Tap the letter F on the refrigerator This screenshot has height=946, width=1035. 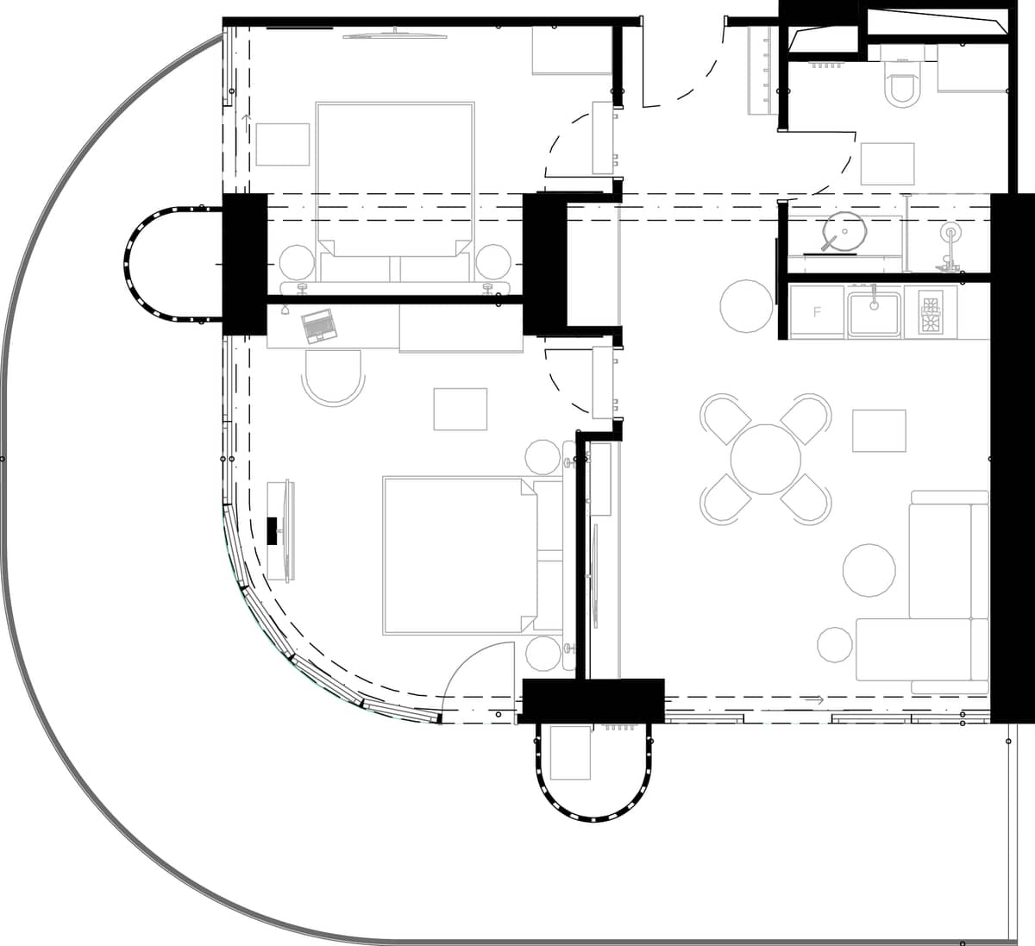pyautogui.click(x=817, y=312)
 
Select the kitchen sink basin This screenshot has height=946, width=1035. pyautogui.click(x=874, y=311)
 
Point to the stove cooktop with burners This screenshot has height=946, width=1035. pyautogui.click(x=931, y=311)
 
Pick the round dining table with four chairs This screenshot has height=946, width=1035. pyautogui.click(x=766, y=458)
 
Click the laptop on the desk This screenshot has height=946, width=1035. pyautogui.click(x=318, y=325)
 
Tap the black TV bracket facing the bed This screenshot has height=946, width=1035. pyautogui.click(x=273, y=529)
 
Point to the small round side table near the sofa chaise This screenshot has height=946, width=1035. pyautogui.click(x=835, y=645)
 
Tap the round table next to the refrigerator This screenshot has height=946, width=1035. pyautogui.click(x=746, y=306)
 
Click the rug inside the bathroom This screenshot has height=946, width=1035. pyautogui.click(x=888, y=163)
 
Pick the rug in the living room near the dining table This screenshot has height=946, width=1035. pyautogui.click(x=879, y=430)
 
